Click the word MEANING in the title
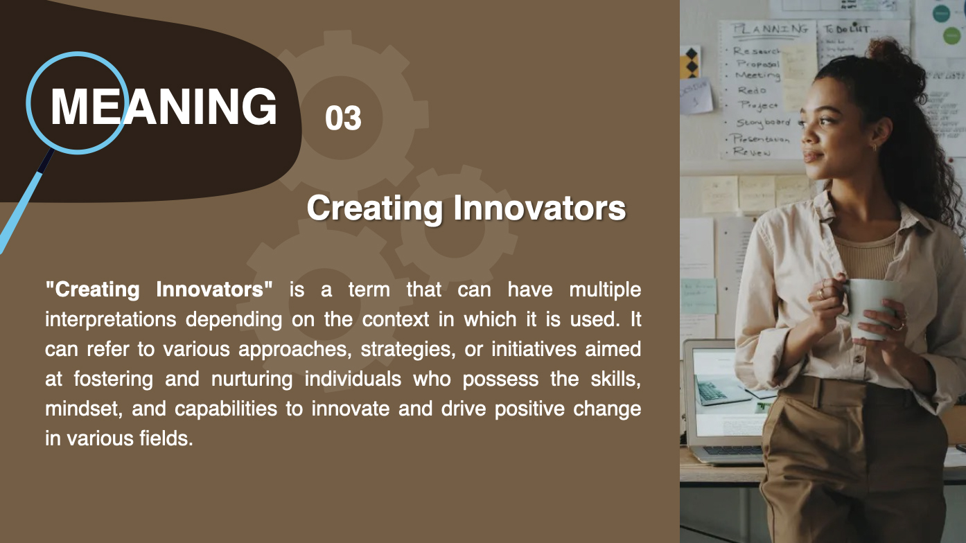164,107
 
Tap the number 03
343,118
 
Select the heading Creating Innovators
466,208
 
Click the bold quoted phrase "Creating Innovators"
159,290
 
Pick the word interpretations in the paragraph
114,319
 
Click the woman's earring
875,147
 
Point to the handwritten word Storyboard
762,123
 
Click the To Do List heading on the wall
846,29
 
